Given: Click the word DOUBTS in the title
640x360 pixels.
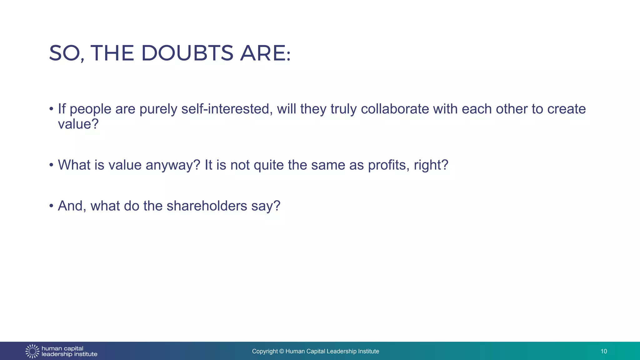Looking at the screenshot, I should click(x=187, y=53).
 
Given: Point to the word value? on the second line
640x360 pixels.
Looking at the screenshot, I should click(x=78, y=124).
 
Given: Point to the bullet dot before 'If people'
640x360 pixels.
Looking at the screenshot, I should click(x=51, y=109).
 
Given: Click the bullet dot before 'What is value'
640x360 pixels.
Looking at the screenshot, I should click(x=51, y=165).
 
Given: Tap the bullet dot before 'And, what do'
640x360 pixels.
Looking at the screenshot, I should click(x=51, y=206).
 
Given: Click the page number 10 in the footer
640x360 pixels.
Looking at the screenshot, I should click(x=603, y=351).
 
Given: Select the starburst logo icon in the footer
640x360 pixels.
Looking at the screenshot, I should click(x=32, y=351).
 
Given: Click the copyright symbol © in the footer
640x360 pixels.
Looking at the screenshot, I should click(x=282, y=351).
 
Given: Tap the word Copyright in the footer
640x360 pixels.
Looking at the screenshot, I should click(x=265, y=351).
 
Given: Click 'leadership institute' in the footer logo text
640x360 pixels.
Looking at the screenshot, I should click(x=69, y=354).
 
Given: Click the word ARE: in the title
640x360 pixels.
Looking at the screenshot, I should click(x=265, y=53).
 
